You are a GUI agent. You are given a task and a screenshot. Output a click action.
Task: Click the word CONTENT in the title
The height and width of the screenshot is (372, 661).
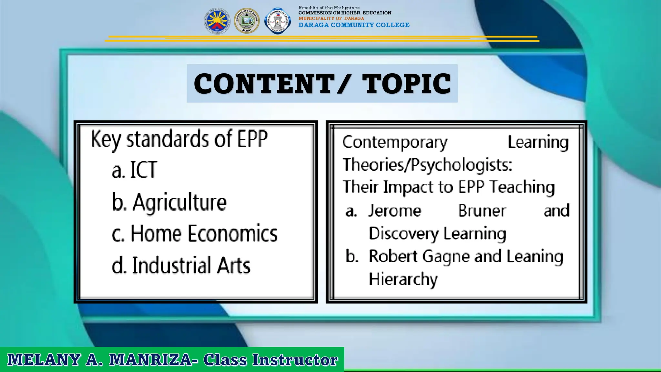tap(264, 84)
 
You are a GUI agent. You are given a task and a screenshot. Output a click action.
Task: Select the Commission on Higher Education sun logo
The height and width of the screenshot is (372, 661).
tap(217, 21)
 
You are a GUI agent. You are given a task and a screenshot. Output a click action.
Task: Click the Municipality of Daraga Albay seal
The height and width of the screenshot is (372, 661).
tap(247, 21)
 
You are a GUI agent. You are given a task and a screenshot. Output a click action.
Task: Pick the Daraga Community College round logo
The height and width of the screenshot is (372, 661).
tap(277, 21)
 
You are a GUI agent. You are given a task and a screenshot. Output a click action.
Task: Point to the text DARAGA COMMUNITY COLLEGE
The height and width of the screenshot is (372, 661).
tap(354, 25)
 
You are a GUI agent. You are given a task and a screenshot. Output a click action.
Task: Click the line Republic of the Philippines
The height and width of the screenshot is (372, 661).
tap(329, 8)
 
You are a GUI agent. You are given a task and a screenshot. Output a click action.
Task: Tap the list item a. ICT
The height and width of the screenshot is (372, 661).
tap(135, 170)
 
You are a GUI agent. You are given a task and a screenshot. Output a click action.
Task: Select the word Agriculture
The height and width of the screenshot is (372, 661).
tap(180, 202)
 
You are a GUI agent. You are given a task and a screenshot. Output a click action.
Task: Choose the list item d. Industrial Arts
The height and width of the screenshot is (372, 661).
tap(181, 266)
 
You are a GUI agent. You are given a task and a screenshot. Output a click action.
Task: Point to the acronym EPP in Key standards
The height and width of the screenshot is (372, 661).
tap(253, 139)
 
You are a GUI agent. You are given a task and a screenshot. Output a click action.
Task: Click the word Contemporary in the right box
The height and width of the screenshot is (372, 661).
tap(395, 142)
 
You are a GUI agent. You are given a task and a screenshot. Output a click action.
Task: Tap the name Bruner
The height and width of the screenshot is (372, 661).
tap(482, 211)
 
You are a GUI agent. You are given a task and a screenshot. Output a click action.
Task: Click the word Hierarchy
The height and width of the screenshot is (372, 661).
tap(403, 279)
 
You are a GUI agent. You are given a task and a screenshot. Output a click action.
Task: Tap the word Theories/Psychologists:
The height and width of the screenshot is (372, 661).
tap(427, 165)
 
